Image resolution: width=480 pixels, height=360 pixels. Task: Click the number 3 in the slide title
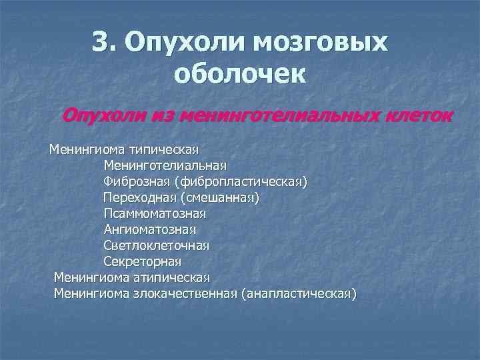click(102, 43)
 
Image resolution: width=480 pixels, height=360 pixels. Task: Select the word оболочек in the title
click(240, 73)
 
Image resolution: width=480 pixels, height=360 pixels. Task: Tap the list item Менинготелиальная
click(165, 165)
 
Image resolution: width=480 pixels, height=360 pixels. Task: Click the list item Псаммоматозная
click(155, 213)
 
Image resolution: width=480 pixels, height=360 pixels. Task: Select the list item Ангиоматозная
click(149, 229)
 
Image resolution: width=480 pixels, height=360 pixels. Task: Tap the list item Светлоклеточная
click(156, 245)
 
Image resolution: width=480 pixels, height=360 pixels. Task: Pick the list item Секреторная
click(142, 261)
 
